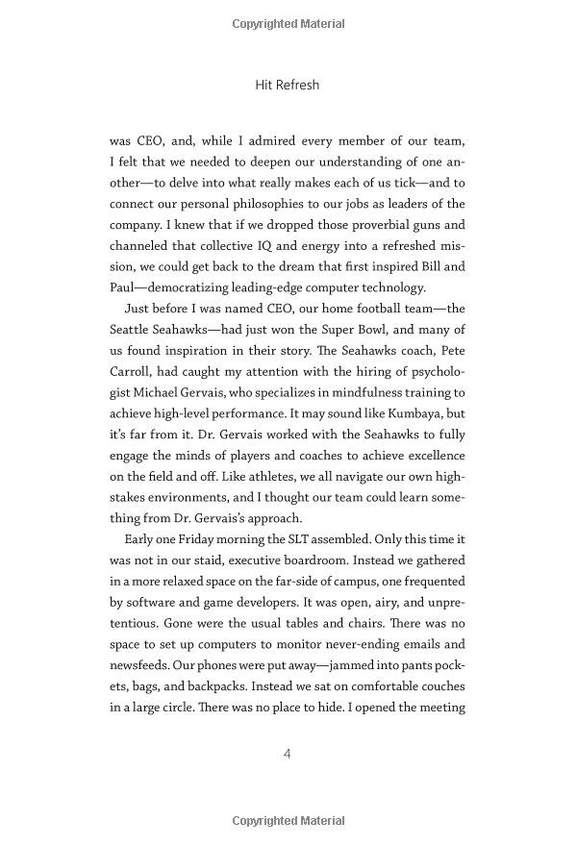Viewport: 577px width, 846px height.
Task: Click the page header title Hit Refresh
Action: (x=288, y=85)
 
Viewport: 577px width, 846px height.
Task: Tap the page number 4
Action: (x=288, y=754)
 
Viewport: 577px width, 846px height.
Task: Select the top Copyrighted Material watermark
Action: (x=288, y=22)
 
